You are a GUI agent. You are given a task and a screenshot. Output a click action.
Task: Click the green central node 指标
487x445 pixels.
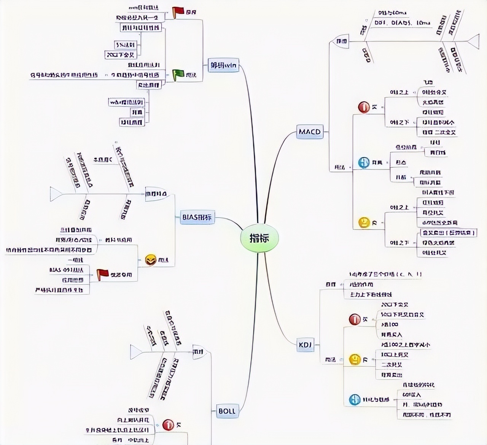point(259,238)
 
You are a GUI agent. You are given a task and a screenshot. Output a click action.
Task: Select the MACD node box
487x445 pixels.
point(310,132)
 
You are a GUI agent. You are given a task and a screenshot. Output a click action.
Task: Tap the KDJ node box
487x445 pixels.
point(305,345)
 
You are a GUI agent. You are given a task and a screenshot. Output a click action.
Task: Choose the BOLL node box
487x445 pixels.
point(227,411)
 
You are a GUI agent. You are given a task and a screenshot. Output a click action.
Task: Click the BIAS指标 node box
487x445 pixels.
point(197,217)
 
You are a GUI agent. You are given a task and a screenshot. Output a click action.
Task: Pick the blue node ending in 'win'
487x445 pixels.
point(224,65)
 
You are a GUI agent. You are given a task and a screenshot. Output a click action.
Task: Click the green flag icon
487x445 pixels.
point(178,75)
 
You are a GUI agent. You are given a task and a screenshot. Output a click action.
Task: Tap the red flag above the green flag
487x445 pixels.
point(178,12)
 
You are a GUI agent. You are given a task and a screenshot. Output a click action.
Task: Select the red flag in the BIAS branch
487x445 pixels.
point(102,274)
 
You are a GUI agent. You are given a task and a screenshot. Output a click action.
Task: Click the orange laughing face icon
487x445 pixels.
point(151,260)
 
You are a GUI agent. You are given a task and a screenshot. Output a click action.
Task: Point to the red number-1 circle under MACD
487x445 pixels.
point(364,107)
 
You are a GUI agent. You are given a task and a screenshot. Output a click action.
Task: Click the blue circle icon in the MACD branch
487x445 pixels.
point(364,162)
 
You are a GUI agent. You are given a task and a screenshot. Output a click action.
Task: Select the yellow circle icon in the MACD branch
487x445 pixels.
point(364,222)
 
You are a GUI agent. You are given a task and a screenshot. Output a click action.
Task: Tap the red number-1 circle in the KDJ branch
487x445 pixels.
point(355,319)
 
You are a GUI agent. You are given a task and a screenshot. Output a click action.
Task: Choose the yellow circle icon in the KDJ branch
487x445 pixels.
point(355,359)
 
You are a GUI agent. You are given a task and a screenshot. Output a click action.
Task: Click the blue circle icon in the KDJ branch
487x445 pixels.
point(355,399)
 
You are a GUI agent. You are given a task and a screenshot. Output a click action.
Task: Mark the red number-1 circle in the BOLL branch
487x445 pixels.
point(168,424)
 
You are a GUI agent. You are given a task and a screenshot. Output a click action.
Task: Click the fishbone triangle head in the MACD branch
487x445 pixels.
point(474,41)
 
